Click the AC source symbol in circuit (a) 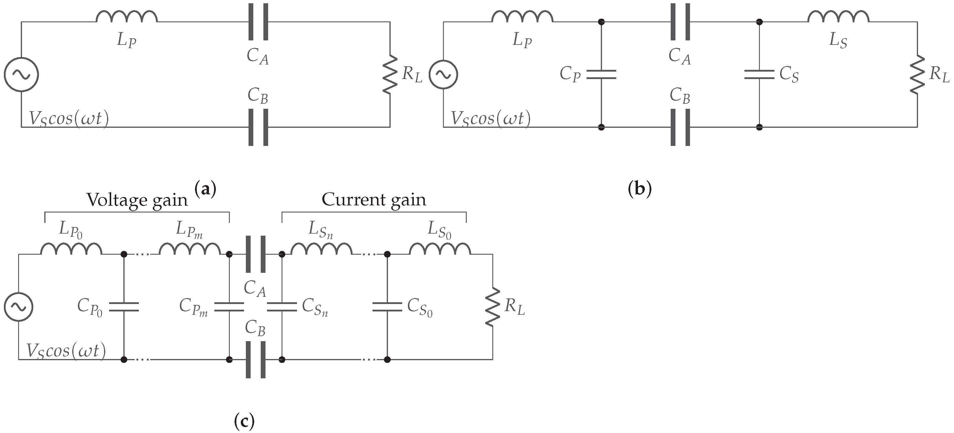click(x=21, y=74)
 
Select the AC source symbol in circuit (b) click(x=443, y=74)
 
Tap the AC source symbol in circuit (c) click(x=18, y=307)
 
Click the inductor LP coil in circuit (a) click(x=127, y=17)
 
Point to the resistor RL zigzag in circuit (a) click(x=390, y=74)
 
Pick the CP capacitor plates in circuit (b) click(x=601, y=74)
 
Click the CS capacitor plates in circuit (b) click(x=759, y=74)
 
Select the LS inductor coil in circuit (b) click(x=838, y=17)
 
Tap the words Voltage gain click(x=137, y=200)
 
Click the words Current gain click(x=374, y=199)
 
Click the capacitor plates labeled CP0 click(x=124, y=307)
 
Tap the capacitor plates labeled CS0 click(x=387, y=307)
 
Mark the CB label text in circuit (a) click(x=258, y=95)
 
